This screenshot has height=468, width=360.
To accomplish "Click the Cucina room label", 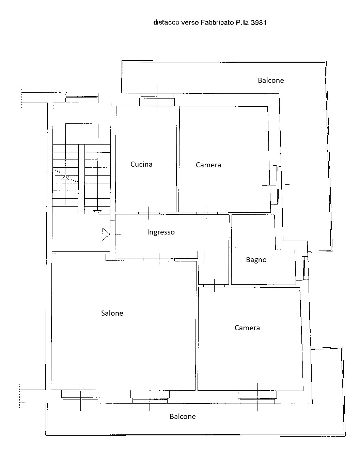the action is click(x=141, y=164).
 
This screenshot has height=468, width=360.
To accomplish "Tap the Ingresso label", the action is click(x=161, y=232).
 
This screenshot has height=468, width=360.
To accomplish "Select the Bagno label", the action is click(x=256, y=260).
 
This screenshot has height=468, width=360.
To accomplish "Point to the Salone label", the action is click(x=112, y=313).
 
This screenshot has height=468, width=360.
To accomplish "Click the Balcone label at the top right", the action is click(x=271, y=80).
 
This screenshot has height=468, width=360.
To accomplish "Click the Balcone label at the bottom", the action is click(x=183, y=417).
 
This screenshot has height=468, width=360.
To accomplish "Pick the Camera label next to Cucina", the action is click(x=208, y=165).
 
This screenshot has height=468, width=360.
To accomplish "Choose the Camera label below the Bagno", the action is click(x=247, y=328).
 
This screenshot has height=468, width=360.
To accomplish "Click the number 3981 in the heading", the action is click(x=259, y=22).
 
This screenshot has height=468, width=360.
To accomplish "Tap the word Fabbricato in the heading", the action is click(x=217, y=22).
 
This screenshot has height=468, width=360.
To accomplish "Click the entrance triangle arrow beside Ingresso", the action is click(x=106, y=234).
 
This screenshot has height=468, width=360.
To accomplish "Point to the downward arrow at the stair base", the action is click(x=97, y=212).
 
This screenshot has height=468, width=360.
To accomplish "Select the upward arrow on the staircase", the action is click(x=65, y=178).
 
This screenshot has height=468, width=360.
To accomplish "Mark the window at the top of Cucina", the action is click(x=157, y=99).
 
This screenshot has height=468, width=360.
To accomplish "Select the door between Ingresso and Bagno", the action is click(x=230, y=247).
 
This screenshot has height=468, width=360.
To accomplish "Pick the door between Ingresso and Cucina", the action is click(x=149, y=213).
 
